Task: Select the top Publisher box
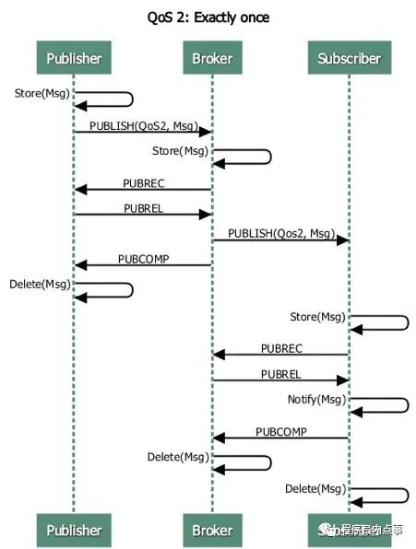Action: (x=74, y=59)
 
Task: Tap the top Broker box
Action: (x=211, y=59)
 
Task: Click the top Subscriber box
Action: (x=349, y=59)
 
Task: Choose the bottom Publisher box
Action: (x=74, y=530)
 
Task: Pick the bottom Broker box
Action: (x=211, y=530)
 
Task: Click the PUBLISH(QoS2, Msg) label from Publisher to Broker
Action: (x=143, y=123)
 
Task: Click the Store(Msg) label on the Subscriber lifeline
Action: (x=317, y=317)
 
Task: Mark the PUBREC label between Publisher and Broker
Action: (x=143, y=182)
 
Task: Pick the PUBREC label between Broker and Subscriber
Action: (x=280, y=348)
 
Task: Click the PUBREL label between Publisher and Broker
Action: (x=143, y=208)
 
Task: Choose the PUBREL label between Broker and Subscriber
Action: (x=280, y=375)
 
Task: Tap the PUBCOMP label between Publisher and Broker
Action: (x=143, y=259)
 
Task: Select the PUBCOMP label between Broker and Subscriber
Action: (x=280, y=430)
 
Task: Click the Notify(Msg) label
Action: (x=316, y=400)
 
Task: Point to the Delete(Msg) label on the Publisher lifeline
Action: (x=40, y=284)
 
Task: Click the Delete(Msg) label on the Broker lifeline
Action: (x=178, y=457)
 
